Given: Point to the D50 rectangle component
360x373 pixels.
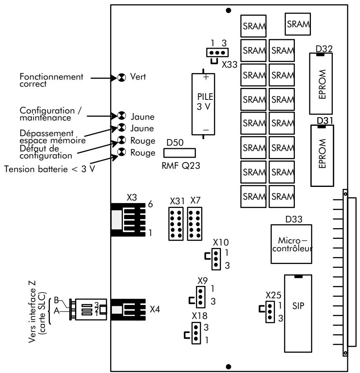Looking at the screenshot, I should coord(179,153).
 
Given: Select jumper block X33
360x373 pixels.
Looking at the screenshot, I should coord(214,53).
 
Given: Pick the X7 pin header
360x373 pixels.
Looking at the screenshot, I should coord(195,223).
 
